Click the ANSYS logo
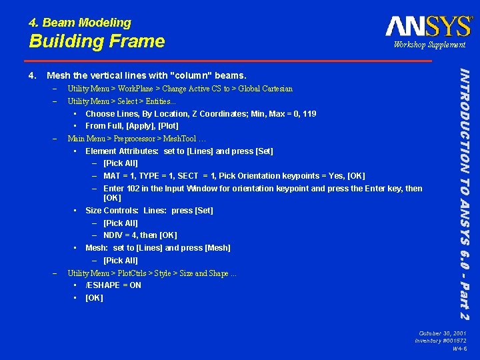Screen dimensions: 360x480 (428, 26)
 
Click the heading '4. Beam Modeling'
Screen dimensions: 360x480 (80, 23)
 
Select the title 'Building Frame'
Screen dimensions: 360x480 (97, 41)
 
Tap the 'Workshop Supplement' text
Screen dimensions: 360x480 (429, 45)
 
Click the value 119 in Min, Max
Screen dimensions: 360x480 (308, 114)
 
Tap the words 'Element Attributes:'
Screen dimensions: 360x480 (122, 151)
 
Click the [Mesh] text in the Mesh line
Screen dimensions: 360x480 (217, 248)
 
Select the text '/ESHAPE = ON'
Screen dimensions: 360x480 (113, 285)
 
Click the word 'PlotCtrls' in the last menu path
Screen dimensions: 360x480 (131, 273)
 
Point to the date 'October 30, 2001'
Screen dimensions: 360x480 (443, 333)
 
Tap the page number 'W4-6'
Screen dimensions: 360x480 (459, 349)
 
